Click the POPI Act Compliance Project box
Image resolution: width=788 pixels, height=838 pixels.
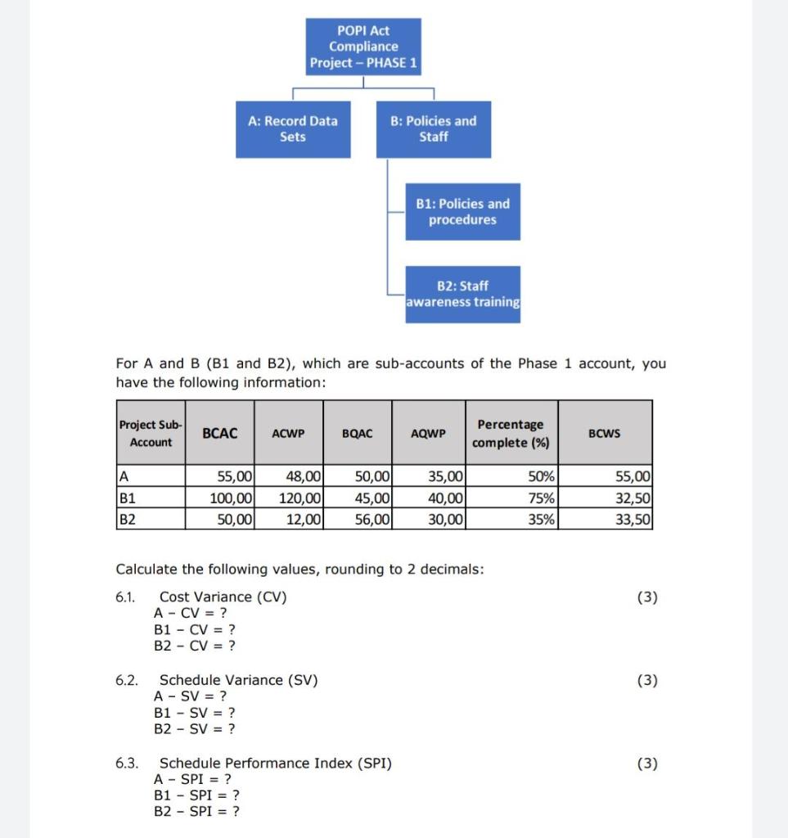[364, 47]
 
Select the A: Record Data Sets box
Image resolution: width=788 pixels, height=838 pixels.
[292, 129]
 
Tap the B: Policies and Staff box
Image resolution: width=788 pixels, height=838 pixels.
[433, 129]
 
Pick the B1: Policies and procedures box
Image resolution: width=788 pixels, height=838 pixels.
[462, 212]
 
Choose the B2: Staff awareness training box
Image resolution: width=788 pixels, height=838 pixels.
[462, 294]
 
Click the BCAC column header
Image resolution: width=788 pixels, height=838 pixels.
[220, 433]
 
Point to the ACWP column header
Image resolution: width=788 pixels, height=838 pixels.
[288, 434]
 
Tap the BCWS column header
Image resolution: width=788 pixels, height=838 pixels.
[605, 433]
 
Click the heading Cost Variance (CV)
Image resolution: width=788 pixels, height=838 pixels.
[223, 597]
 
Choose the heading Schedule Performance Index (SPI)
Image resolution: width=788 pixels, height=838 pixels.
[275, 764]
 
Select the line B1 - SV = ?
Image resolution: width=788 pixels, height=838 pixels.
[195, 712]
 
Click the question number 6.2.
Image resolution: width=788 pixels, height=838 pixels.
[126, 680]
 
